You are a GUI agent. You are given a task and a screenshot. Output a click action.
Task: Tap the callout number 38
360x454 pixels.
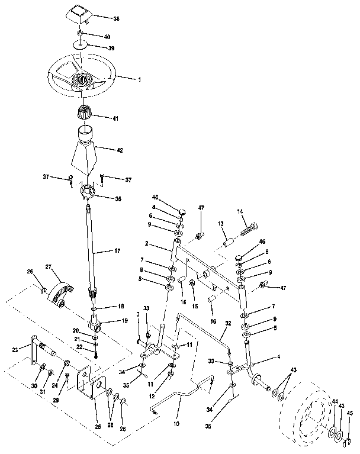[x=116, y=19]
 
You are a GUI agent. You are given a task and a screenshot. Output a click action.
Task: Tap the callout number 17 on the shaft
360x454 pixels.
[x=117, y=252]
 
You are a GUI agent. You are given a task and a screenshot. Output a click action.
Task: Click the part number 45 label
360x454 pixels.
[x=349, y=414]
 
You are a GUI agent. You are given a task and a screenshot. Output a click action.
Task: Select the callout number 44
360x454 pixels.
[x=335, y=401]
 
